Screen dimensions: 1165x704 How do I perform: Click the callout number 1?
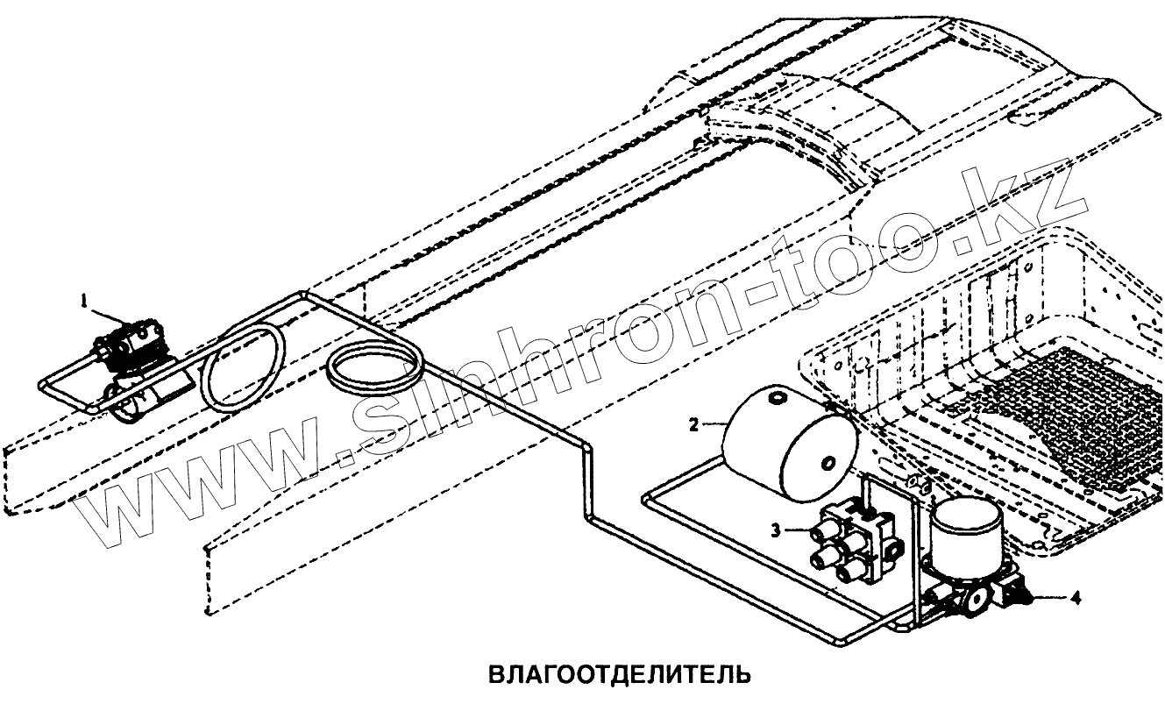85,301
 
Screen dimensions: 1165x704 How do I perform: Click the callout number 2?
693,426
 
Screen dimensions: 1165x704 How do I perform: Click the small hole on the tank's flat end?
827,463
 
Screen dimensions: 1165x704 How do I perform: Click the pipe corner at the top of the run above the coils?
302,294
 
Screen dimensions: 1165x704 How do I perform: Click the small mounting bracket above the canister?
916,482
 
